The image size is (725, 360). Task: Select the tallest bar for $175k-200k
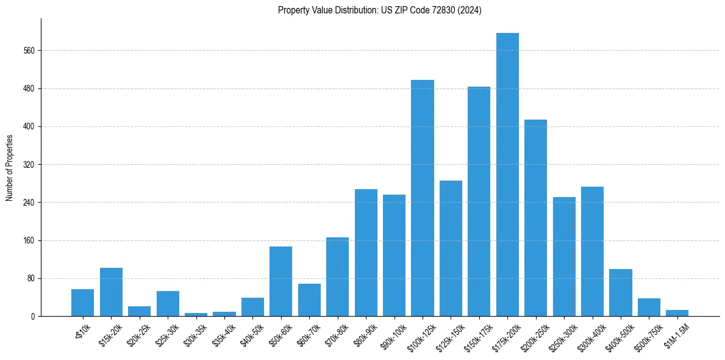point(507,175)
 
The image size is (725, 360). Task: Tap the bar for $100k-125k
point(423,198)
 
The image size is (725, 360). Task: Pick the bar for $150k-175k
point(479,201)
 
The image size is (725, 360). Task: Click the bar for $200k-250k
point(535,218)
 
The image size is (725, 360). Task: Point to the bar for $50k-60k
point(280,281)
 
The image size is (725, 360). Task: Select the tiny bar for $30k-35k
point(196,314)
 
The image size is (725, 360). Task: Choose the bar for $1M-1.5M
point(677,313)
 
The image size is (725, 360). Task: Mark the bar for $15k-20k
point(111,292)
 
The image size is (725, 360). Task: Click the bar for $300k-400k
point(592,251)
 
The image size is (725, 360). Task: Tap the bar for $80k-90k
point(366,253)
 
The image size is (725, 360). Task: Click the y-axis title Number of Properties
point(10,168)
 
